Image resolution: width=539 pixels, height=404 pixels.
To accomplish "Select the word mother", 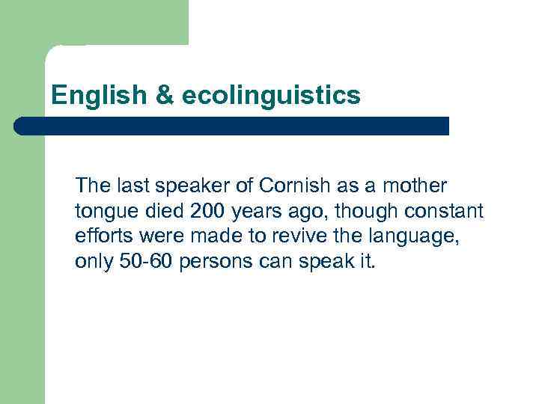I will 419,185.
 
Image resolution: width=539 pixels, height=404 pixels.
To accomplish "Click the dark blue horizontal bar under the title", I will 232,126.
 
